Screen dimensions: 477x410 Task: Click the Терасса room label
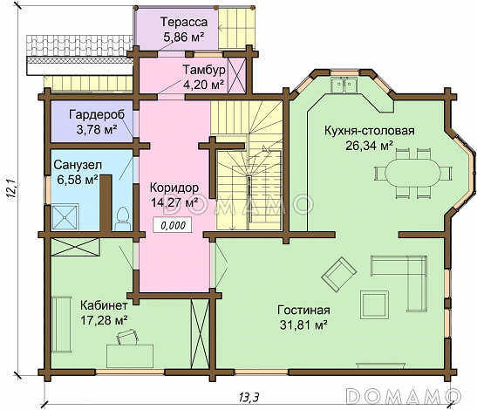tap(184, 22)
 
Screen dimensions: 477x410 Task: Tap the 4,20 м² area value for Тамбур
tap(204, 85)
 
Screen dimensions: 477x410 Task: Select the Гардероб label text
tap(97, 115)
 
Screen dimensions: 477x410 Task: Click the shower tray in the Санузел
tap(65, 217)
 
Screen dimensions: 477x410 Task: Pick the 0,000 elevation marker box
tap(173, 226)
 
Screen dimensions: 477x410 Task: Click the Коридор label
tap(174, 188)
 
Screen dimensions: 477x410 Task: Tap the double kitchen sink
tap(344, 85)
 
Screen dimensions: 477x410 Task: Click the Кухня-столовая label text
tap(370, 131)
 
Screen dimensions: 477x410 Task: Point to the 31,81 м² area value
tap(303, 325)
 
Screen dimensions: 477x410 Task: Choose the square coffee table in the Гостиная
tap(374, 304)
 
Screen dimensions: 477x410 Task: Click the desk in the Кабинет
tap(130, 356)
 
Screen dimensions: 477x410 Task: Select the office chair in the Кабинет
tap(127, 338)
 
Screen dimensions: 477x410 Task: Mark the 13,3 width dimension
tap(249, 397)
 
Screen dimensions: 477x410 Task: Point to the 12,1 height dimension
tap(11, 189)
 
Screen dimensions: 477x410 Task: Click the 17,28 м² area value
tap(104, 320)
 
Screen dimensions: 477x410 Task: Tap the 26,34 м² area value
tap(369, 146)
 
